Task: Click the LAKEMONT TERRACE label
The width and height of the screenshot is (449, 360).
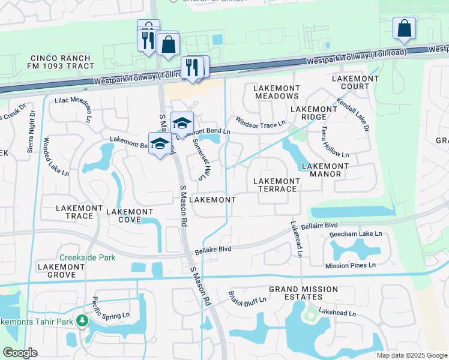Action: click(276, 185)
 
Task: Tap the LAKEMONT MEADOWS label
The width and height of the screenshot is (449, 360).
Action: click(277, 92)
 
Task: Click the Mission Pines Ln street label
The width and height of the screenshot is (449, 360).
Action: click(350, 265)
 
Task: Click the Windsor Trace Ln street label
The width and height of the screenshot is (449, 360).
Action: click(259, 122)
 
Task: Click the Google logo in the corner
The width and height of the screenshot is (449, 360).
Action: click(20, 353)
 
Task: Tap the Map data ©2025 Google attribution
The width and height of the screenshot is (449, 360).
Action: click(411, 355)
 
